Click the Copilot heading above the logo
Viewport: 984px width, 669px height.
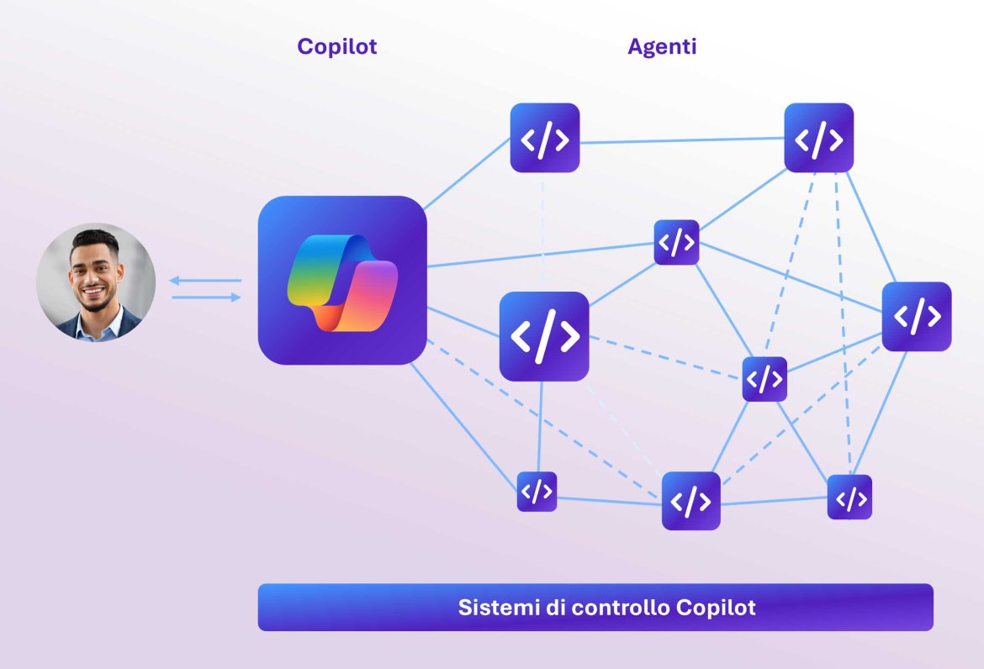coord(336,46)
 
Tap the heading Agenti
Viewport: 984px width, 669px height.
coord(662,46)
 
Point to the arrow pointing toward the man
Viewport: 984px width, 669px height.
coord(206,281)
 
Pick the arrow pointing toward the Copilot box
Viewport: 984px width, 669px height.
coord(206,297)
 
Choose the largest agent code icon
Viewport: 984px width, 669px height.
coord(544,336)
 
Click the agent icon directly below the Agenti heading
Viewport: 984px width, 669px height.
coord(676,243)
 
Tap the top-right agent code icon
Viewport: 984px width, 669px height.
coord(818,139)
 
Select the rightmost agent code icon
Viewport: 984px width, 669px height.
coord(916,316)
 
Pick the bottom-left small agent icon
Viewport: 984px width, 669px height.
coord(537,492)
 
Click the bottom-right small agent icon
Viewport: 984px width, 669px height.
coord(849,498)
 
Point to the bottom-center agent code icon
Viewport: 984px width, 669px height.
coord(690,501)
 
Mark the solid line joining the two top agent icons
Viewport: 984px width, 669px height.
coord(681,140)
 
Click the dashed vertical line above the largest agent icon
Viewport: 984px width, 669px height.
coord(543,231)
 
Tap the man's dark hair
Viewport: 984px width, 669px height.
coord(94,242)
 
